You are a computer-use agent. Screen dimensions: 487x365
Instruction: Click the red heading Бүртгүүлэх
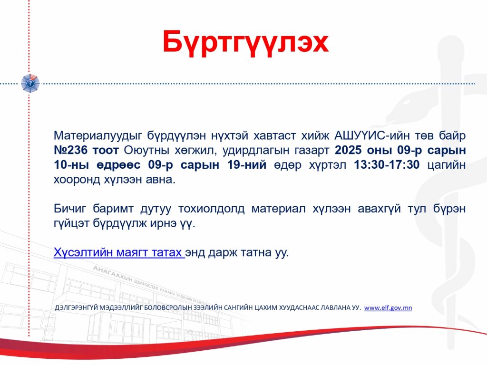(x=245, y=42)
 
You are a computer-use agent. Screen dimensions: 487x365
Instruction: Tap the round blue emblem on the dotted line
(x=30, y=83)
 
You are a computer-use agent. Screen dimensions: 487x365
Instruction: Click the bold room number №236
(x=71, y=150)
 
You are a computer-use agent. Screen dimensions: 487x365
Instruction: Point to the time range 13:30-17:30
(x=387, y=164)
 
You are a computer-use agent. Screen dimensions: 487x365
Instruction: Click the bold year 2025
(x=348, y=150)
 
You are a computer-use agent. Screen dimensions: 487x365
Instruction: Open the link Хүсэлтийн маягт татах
(x=118, y=253)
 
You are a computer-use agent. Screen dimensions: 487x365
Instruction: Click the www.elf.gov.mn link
(x=388, y=307)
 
